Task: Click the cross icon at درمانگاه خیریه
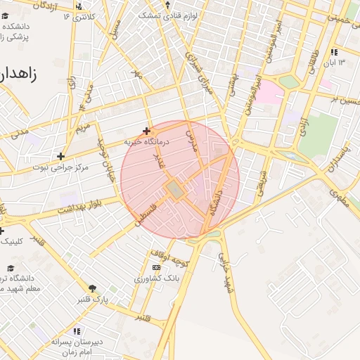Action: click(146, 131)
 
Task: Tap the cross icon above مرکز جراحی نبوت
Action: click(61, 156)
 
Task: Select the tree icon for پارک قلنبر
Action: click(92, 288)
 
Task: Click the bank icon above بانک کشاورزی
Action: click(156, 267)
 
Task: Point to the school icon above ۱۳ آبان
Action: click(334, 52)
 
